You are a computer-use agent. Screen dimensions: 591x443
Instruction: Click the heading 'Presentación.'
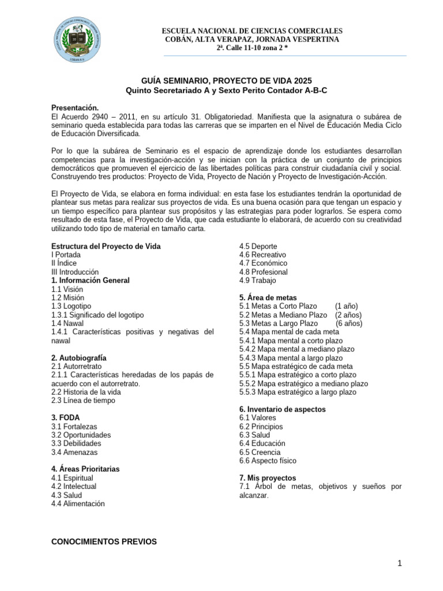coord(76,108)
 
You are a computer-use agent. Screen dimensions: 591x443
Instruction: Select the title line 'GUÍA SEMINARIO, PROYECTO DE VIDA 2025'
coord(221,81)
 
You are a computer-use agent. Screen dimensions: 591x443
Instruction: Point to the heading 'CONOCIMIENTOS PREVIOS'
coord(104,541)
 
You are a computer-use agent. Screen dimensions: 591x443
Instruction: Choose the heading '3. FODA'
coord(65,417)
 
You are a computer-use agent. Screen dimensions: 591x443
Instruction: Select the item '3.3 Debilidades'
coord(76,443)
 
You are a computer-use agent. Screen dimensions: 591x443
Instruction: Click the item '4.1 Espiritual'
coord(72,478)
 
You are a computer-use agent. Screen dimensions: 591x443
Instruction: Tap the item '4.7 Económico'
coord(263,263)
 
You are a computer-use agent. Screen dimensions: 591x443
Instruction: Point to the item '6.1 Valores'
coord(257,418)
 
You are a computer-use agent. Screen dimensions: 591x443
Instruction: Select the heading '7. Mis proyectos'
coord(267,478)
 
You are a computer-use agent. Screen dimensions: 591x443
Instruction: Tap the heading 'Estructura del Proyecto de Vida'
coord(106,246)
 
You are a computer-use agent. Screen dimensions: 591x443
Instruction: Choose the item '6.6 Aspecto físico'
coord(268,461)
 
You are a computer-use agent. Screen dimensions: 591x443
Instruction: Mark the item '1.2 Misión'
coord(67,298)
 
